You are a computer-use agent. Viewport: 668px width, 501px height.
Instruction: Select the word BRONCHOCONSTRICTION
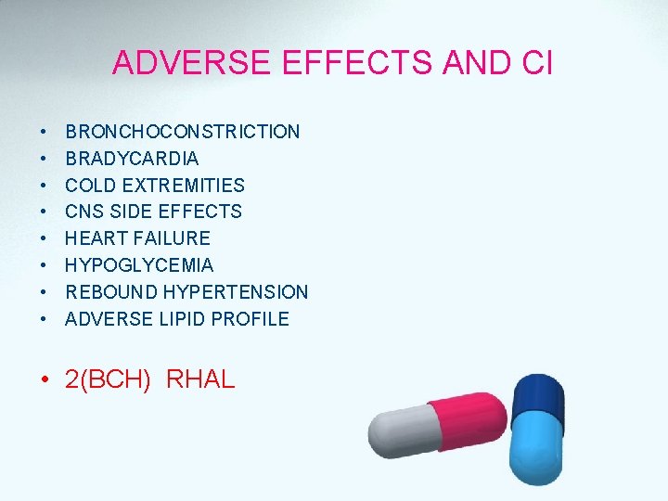(183, 132)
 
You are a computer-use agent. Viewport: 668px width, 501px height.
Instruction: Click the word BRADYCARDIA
(132, 159)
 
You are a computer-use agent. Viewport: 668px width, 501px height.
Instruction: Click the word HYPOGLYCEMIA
(139, 265)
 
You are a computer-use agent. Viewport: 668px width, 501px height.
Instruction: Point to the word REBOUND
(110, 292)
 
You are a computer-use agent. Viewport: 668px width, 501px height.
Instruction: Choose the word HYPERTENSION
(236, 292)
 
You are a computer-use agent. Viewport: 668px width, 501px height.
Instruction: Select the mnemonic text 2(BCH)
(108, 379)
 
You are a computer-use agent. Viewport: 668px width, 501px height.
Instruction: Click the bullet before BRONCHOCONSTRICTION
(44, 133)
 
